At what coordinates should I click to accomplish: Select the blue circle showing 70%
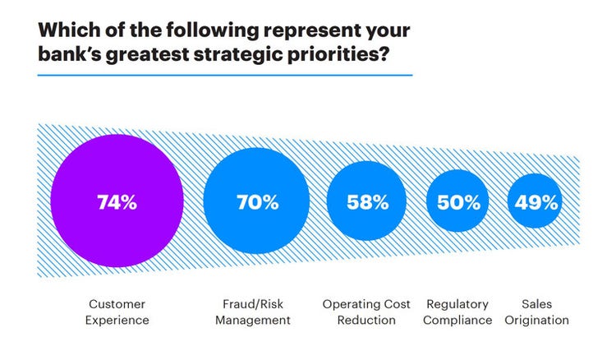tap(256, 202)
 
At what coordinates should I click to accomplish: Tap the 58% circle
tap(367, 202)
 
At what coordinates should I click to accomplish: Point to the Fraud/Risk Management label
tap(253, 312)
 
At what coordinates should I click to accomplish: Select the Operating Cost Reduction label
tap(366, 312)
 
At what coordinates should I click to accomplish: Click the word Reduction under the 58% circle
tap(366, 320)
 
